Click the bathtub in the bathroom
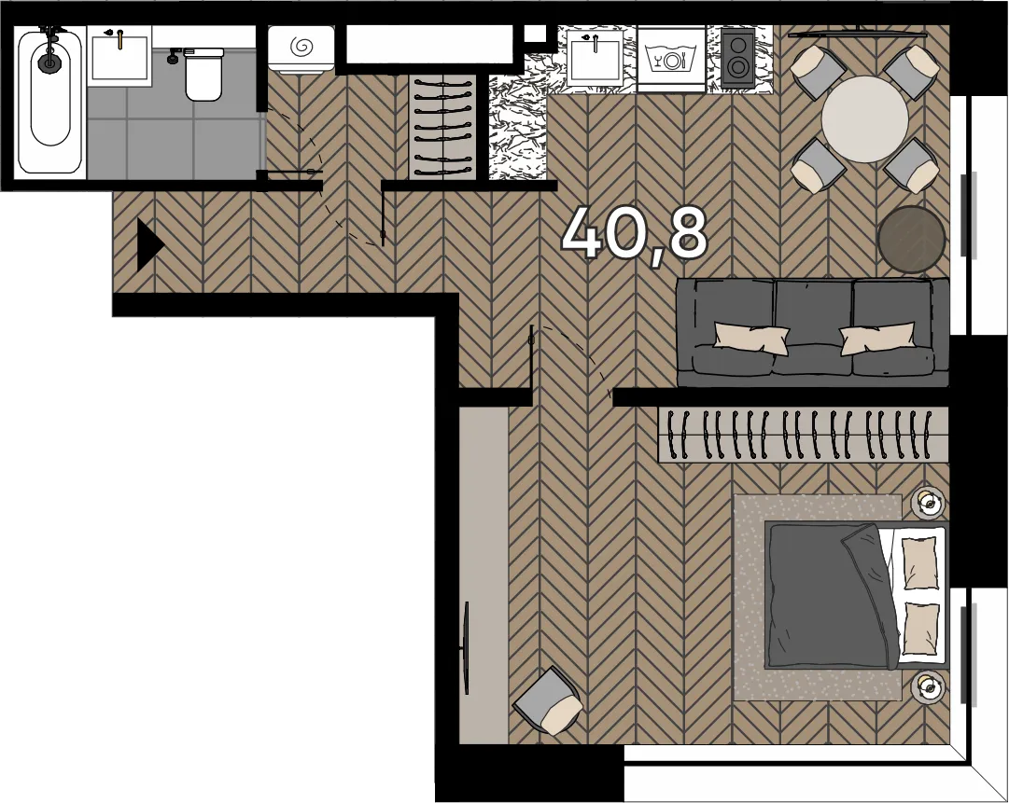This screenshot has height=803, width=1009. pos(49,101)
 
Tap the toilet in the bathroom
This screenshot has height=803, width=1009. pos(203,74)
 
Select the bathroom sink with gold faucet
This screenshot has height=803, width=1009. pos(119,57)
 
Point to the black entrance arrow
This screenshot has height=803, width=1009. pos(150,245)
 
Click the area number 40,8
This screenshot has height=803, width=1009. pos(634,234)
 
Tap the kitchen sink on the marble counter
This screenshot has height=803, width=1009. pos(596,59)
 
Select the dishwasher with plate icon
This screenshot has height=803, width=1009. pos(672,60)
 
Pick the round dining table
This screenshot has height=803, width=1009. pos(865,119)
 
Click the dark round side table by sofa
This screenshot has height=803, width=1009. pos(911,239)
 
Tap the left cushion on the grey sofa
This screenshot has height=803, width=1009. pos(751,339)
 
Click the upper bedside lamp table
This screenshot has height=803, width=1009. pos(928,502)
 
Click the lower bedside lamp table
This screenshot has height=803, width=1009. pos(928,686)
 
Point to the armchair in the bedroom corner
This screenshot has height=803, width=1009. pos(548,700)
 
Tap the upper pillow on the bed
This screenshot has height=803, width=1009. pos(920,562)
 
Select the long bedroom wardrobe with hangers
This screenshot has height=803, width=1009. pos(803,435)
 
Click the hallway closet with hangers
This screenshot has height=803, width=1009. pos(442,127)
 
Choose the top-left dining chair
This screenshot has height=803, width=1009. pos(817,73)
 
